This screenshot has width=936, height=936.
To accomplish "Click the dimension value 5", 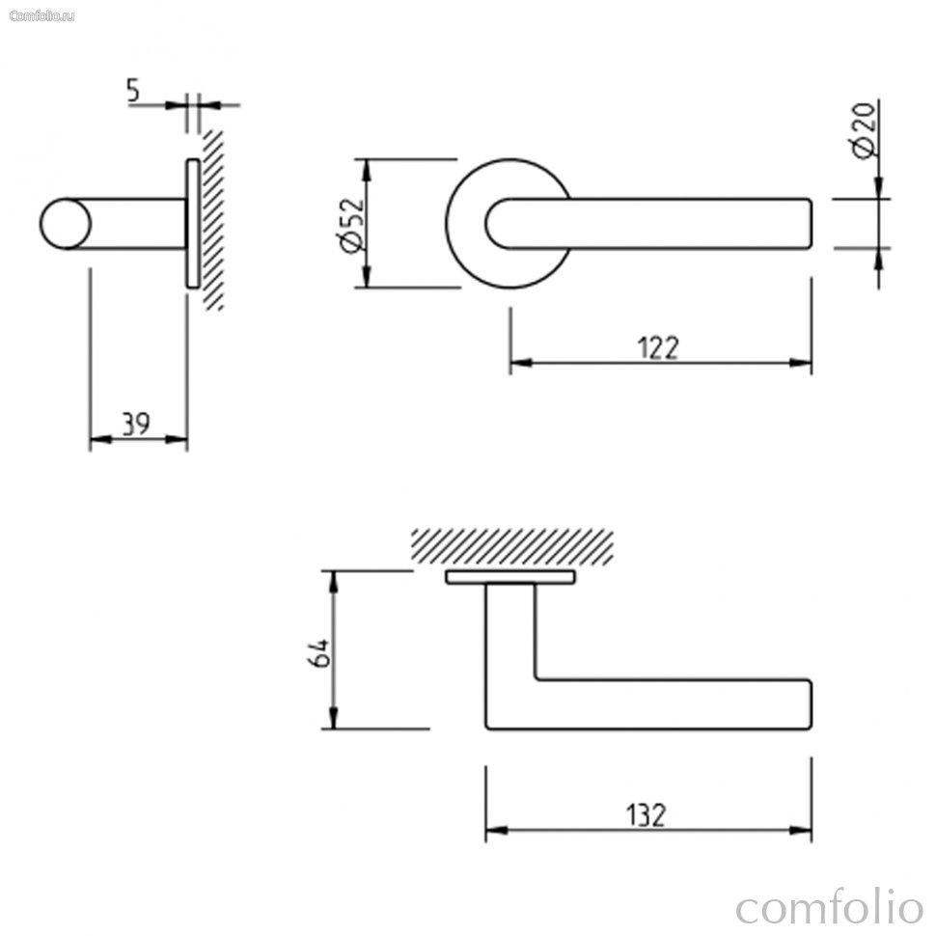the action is (x=132, y=90).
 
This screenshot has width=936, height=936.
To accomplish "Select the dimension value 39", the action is (x=136, y=425).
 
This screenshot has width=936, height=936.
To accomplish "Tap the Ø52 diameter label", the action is (x=350, y=225).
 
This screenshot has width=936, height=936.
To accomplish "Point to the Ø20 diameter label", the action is (x=864, y=130).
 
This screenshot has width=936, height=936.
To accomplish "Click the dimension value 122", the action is (x=658, y=348).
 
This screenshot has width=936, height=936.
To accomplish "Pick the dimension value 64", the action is (x=317, y=653).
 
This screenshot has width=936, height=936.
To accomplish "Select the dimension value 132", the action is (x=646, y=815).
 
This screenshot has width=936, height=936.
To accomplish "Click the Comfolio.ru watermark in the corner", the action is (x=42, y=16).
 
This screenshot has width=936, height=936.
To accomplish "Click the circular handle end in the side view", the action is (x=66, y=224).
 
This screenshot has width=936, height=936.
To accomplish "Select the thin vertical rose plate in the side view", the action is (x=192, y=224).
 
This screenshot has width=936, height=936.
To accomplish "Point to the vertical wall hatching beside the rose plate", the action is (x=213, y=220).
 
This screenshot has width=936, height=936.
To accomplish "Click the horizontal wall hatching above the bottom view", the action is (x=511, y=546).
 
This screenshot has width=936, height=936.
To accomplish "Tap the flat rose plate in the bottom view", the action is (x=510, y=577).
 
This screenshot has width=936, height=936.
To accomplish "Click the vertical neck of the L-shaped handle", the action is (x=510, y=633).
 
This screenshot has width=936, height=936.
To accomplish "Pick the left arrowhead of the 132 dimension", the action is (x=497, y=830).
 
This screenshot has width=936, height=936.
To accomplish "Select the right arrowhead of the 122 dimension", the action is (x=801, y=363).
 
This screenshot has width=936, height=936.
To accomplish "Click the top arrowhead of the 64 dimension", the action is (x=334, y=582).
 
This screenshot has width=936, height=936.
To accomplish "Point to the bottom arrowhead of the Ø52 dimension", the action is (x=367, y=276).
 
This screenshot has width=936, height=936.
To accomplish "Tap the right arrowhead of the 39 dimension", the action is (x=176, y=439).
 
